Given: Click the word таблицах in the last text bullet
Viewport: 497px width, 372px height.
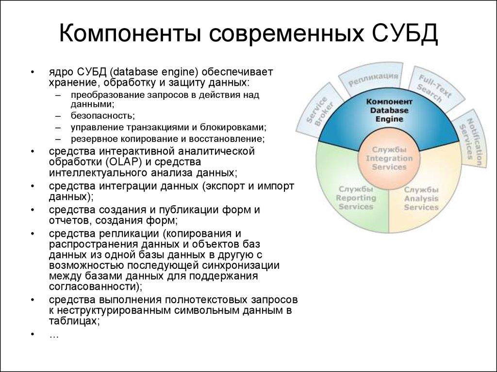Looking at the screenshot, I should [x=73, y=320].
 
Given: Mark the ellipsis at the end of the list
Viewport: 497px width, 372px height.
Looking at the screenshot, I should [x=54, y=334].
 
